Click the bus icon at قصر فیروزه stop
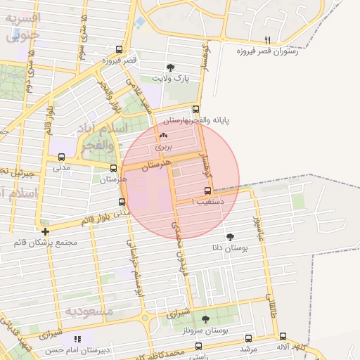(119, 50)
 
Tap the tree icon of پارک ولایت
(170, 67)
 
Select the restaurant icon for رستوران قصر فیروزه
(266, 40)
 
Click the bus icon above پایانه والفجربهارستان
(196, 109)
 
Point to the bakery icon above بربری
(163, 136)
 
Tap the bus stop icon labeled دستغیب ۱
(207, 191)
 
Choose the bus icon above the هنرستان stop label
(114, 168)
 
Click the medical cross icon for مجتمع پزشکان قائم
(46, 231)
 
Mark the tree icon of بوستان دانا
(231, 237)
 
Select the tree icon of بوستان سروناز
(205, 319)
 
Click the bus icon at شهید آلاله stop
(283, 337)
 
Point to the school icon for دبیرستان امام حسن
(77, 340)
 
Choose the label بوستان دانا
(226, 248)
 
